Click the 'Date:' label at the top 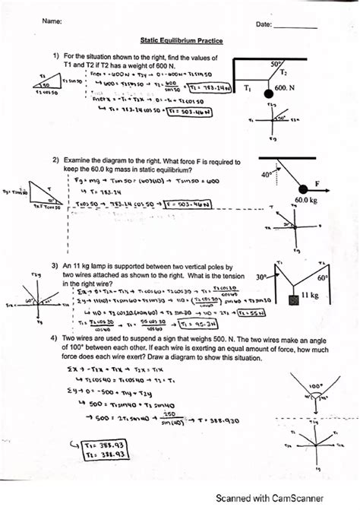tap(264, 25)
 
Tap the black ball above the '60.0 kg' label tap(305, 189)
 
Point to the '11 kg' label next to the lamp tap(310, 294)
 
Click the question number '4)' tap(55, 337)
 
